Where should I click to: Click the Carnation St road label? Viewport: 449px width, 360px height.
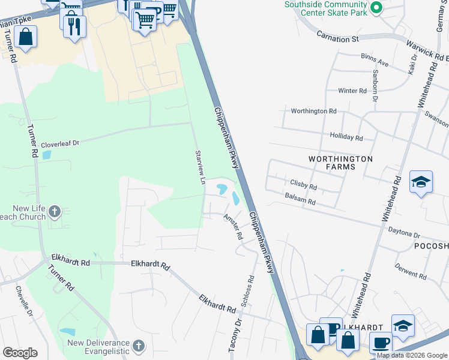coord(339,38)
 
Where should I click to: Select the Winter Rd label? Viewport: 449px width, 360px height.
coord(352,91)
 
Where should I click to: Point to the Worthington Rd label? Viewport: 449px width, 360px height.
coord(313,111)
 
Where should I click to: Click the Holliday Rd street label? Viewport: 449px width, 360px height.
coord(346,137)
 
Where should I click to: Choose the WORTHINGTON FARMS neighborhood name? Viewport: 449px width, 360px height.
coord(340,163)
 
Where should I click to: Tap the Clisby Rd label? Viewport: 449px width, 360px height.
coord(303,187)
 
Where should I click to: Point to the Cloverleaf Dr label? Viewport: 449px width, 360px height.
coord(60,145)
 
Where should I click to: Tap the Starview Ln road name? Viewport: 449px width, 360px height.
coord(201,167)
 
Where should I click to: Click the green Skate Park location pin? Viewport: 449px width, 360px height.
coord(376,8)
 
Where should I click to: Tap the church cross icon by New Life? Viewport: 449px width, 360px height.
coord(55,211)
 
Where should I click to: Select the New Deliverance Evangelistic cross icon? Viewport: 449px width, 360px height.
coord(139,346)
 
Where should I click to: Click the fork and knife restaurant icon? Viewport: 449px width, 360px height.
coord(74,26)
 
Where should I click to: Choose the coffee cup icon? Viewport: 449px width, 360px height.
coord(380,343)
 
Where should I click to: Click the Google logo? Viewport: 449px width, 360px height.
coord(20,353)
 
